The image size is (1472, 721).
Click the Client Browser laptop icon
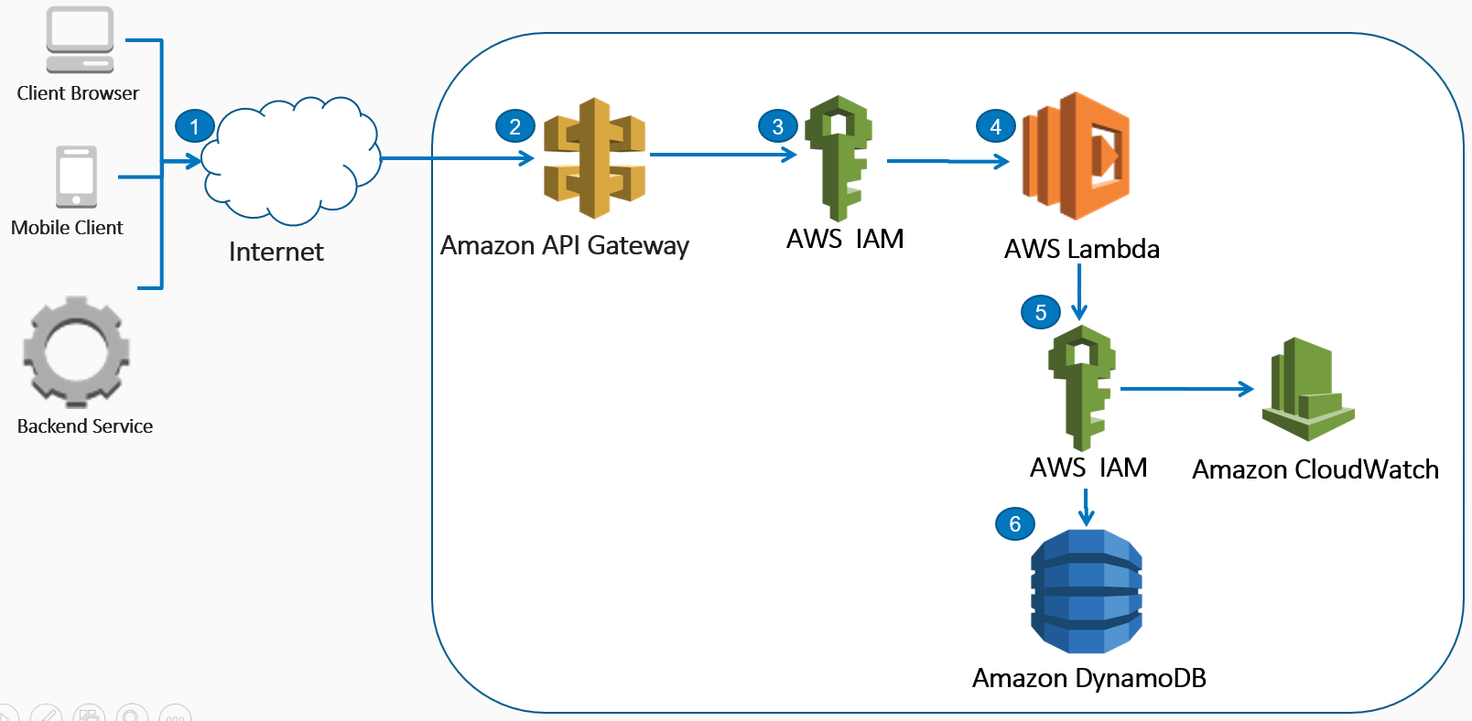[81, 40]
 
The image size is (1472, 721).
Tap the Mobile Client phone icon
[77, 177]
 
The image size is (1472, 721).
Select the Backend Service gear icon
[76, 352]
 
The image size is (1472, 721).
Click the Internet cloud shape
[290, 160]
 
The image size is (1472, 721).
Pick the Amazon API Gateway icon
[595, 157]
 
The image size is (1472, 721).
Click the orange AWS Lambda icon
[1077, 156]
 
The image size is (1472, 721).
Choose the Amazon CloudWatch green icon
[1308, 389]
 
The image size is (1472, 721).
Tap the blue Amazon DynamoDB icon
[1087, 591]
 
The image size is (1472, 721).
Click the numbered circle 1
[194, 126]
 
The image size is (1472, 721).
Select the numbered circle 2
[515, 126]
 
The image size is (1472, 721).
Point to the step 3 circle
[778, 126]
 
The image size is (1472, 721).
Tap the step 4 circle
[996, 126]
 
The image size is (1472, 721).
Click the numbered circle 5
[1041, 312]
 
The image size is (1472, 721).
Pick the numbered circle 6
[1015, 523]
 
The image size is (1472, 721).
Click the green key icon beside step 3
[839, 158]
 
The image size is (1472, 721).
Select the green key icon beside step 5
[1081, 387]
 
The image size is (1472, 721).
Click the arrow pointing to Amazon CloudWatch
[1186, 389]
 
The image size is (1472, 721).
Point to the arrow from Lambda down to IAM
[1079, 292]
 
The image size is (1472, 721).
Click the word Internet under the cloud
[276, 252]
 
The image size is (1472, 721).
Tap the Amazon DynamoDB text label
[1088, 678]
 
